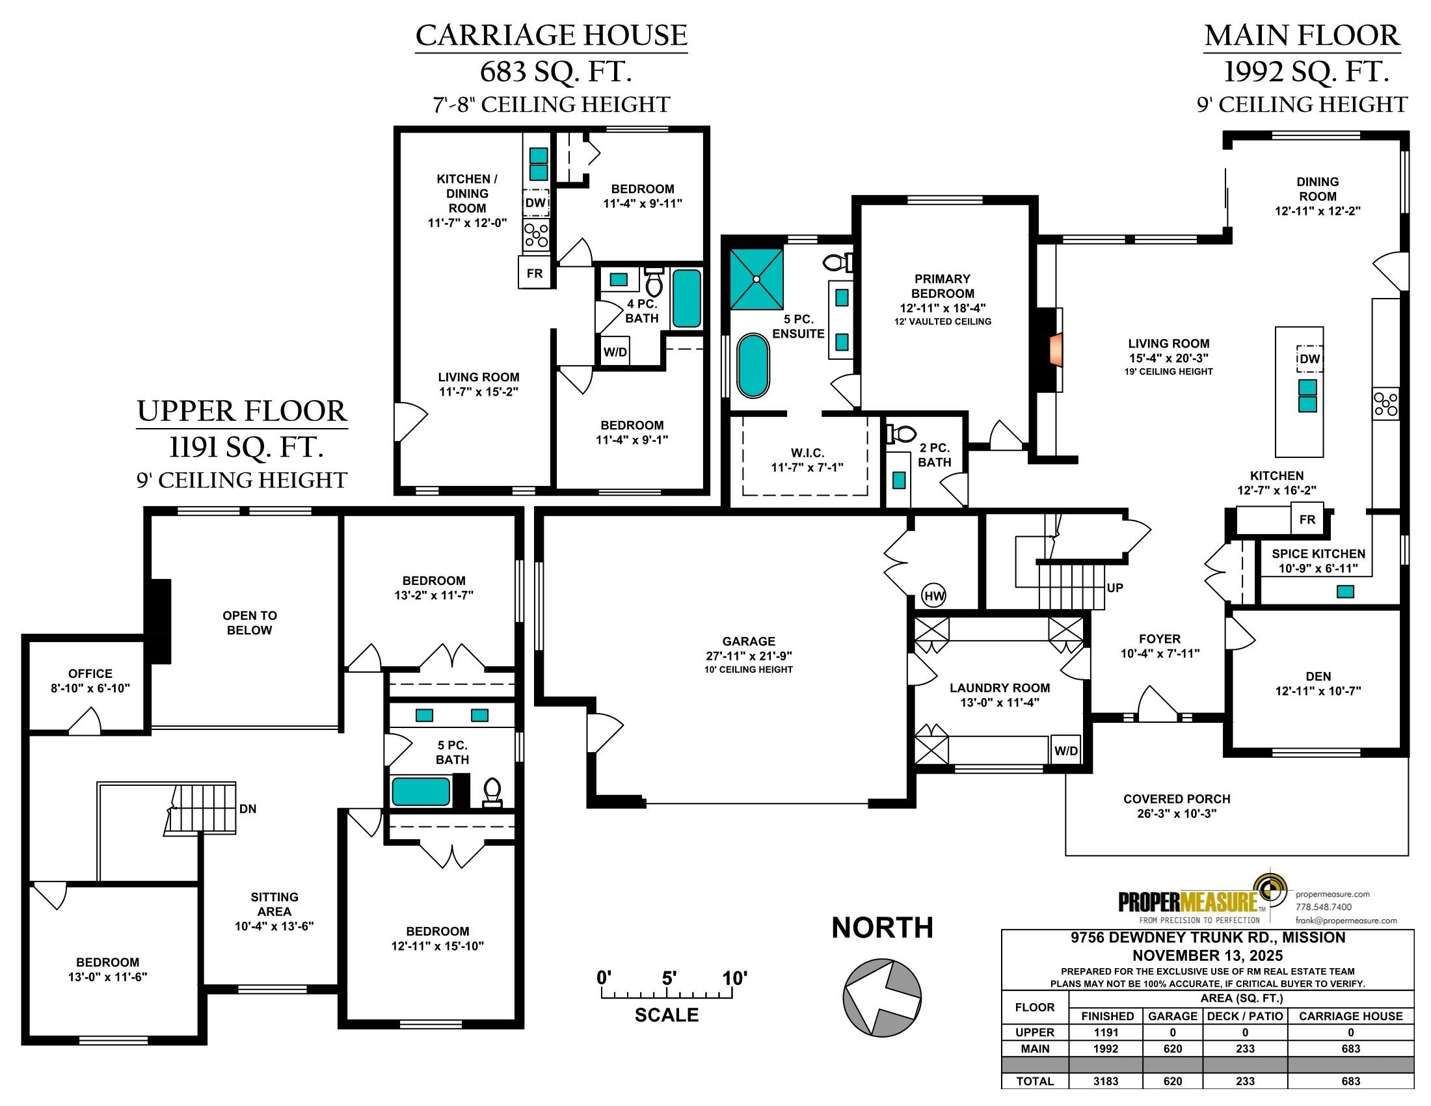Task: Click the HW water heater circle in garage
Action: [x=933, y=595]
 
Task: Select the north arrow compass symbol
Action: [x=882, y=997]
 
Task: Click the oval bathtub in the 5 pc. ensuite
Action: [x=753, y=366]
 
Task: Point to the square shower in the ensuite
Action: [x=756, y=278]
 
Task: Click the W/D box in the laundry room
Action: [x=1065, y=751]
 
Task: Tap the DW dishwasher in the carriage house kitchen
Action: [x=535, y=203]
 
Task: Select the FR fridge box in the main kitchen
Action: [x=1307, y=520]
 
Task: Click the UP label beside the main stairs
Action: [x=1114, y=587]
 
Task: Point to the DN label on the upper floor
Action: [x=248, y=809]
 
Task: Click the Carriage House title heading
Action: [x=551, y=35]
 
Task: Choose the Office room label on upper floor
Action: [x=90, y=673]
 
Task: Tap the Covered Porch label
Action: [x=1177, y=799]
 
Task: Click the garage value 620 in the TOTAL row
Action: [x=1172, y=1081]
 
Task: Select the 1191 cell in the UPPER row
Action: [x=1106, y=1032]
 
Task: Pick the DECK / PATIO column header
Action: [x=1245, y=1016]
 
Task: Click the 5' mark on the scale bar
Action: [x=668, y=979]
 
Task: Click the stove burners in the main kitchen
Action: [x=1385, y=403]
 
